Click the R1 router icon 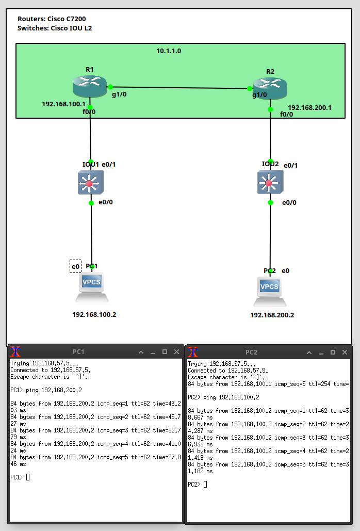[x=90, y=86]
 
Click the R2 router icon [x=270, y=88]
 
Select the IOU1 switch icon [x=91, y=183]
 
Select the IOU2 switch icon [x=270, y=183]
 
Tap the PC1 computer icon [x=92, y=287]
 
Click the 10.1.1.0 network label [x=169, y=51]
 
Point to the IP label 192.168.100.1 [x=63, y=104]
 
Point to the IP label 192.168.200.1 [x=309, y=108]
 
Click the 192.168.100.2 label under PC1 [x=94, y=314]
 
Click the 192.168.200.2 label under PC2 [x=272, y=315]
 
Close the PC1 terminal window [x=177, y=352]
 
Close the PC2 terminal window [x=346, y=352]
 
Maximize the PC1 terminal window [x=165, y=352]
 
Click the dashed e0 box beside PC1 [x=75, y=266]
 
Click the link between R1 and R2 [x=181, y=88]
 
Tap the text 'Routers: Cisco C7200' [x=52, y=19]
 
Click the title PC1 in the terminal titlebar [x=78, y=352]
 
